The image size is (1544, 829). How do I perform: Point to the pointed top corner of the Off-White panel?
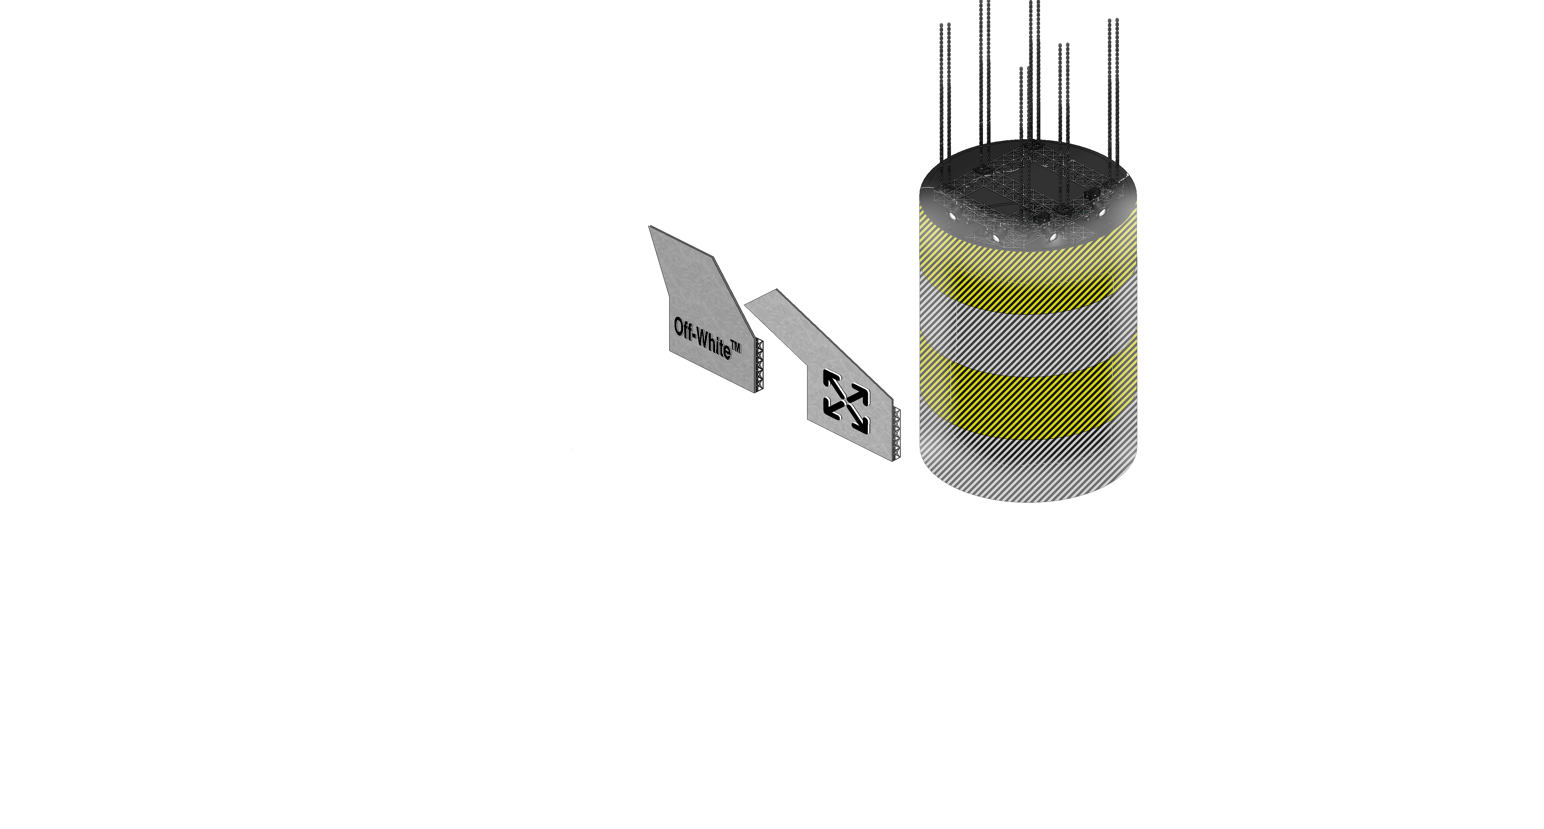(649, 226)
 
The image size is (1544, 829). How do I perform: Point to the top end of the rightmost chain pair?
(1113, 20)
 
